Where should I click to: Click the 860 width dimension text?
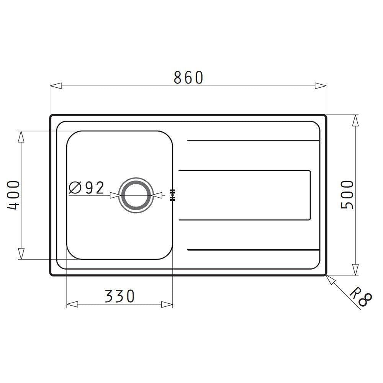(188, 78)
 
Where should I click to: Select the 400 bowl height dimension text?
(13, 195)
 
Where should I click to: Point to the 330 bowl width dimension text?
(119, 296)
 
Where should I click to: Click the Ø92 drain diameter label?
(87, 188)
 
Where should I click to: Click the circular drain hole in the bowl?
(134, 195)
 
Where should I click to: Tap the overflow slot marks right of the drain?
(172, 195)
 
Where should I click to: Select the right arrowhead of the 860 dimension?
(321, 85)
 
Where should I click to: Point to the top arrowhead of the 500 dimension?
(356, 120)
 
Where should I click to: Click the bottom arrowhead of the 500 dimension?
(356, 270)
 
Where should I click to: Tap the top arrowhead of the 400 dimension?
(21, 137)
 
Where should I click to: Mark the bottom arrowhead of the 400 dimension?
(21, 254)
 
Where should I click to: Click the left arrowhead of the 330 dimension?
(72, 304)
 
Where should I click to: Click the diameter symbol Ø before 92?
(75, 188)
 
